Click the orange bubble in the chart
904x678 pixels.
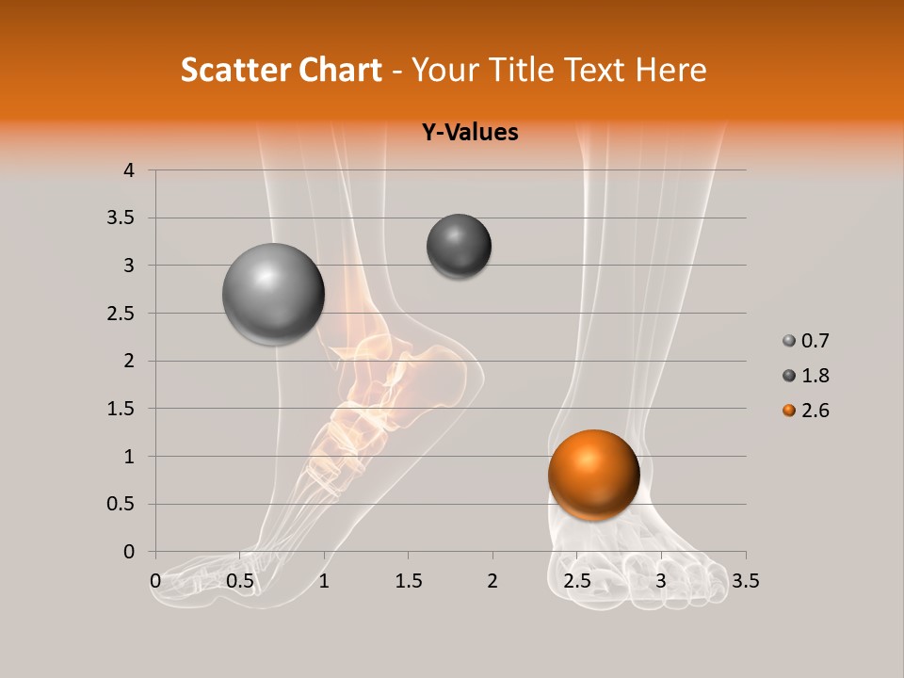click(593, 475)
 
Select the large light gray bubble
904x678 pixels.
click(273, 294)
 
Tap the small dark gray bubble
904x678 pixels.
click(459, 246)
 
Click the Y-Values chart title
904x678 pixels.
click(469, 132)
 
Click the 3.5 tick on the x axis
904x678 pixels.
click(745, 581)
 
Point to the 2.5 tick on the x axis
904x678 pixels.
click(576, 581)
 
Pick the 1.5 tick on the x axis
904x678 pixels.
click(408, 581)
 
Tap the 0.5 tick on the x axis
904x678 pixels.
click(240, 581)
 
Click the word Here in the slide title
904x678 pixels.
click(670, 70)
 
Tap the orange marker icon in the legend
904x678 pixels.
click(788, 411)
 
